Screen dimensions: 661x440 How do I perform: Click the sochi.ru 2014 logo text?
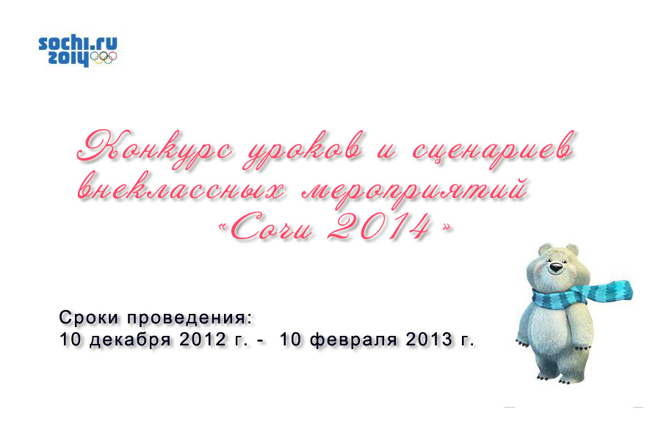78,50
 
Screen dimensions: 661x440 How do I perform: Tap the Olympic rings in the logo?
104,58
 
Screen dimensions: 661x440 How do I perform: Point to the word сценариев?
493,149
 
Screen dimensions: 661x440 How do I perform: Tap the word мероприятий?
415,191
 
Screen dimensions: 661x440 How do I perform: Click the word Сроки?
89,318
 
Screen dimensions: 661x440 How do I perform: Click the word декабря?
130,340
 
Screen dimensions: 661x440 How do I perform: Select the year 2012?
203,339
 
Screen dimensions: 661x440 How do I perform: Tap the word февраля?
354,340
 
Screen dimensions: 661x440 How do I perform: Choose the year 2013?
429,339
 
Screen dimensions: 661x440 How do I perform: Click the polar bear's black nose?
557,267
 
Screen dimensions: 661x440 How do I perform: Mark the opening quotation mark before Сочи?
222,228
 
